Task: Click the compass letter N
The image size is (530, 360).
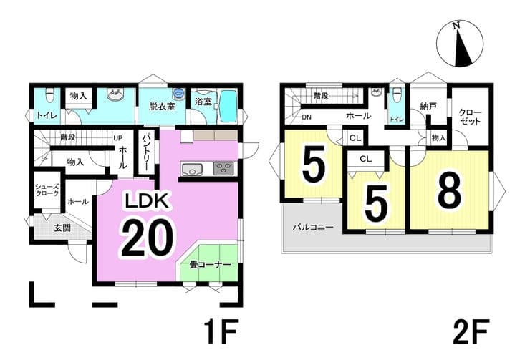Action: tap(457, 25)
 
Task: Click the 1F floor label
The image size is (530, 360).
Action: tap(221, 331)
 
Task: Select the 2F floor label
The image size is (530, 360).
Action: tap(471, 331)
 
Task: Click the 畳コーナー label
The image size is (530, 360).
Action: tap(210, 265)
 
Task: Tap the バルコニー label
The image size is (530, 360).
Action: tap(313, 227)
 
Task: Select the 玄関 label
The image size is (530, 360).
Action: tap(62, 228)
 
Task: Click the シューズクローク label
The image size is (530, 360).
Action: tap(47, 190)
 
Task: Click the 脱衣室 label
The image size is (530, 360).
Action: tap(163, 107)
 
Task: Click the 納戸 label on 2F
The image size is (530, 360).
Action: tap(428, 107)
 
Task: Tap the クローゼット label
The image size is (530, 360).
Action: tap(470, 117)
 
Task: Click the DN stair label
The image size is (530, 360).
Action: tap(307, 117)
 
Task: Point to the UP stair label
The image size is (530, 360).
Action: tap(117, 138)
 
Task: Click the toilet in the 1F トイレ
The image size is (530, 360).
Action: tap(49, 95)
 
